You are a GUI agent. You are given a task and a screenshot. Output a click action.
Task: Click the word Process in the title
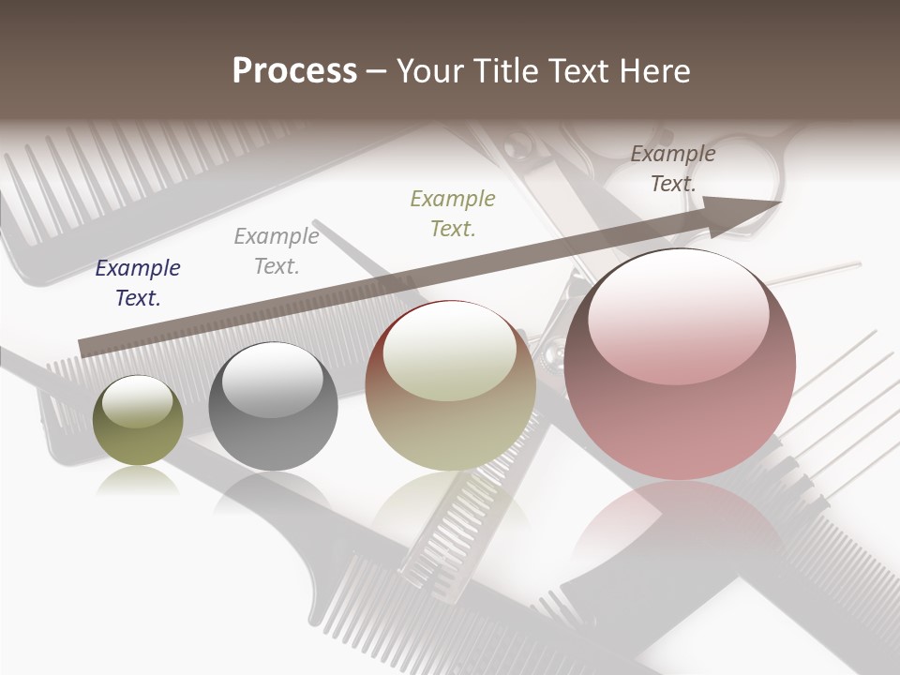point(294,71)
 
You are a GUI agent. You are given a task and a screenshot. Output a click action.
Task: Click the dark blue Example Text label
point(138,283)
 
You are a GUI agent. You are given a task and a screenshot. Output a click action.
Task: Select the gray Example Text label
point(277,251)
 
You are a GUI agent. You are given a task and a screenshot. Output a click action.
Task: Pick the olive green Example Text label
point(453,214)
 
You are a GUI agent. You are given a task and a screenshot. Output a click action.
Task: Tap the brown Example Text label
point(673,169)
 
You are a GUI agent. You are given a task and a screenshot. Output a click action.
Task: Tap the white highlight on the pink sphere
point(678,314)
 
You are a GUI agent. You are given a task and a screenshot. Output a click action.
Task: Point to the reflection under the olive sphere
point(138,480)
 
